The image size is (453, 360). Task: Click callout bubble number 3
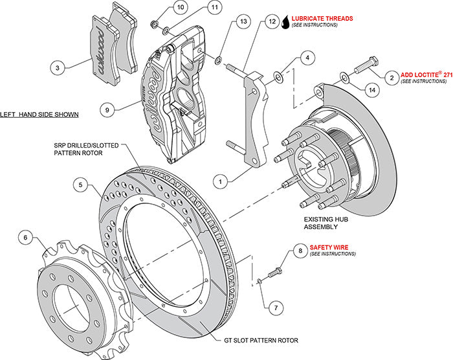click(x=58, y=67)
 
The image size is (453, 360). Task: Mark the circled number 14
click(x=370, y=91)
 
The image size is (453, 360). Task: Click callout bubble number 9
click(x=110, y=110)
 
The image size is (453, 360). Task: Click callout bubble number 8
click(x=300, y=250)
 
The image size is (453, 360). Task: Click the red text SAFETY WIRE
click(x=329, y=247)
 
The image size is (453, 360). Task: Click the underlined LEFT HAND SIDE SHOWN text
click(x=39, y=115)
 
